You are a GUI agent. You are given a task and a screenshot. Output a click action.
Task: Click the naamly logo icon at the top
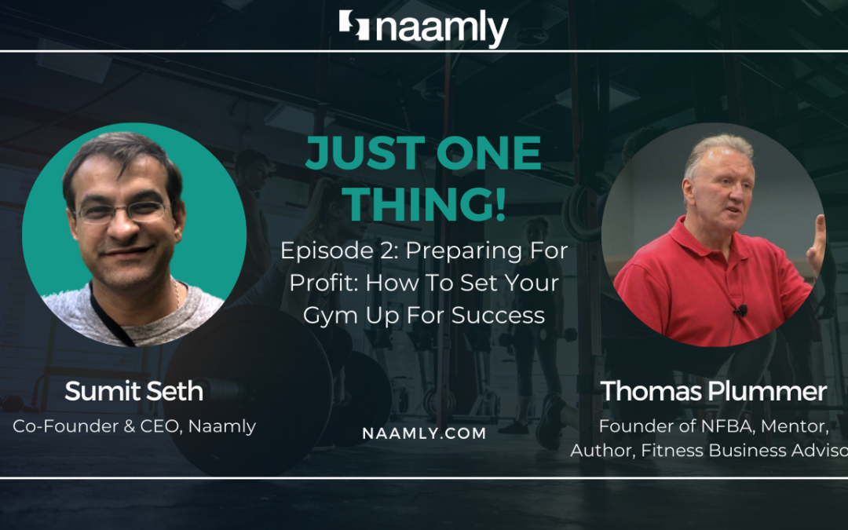point(355,26)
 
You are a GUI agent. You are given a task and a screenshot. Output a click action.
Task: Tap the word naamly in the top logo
point(442,28)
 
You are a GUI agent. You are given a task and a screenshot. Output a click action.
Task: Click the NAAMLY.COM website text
point(424,433)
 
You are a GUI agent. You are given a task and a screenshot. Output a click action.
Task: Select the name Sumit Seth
point(134,391)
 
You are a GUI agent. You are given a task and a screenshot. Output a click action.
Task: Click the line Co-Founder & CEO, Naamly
point(134,426)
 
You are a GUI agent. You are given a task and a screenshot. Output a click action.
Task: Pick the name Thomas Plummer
point(714,391)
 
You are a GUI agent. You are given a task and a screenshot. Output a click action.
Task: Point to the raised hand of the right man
point(817,244)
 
